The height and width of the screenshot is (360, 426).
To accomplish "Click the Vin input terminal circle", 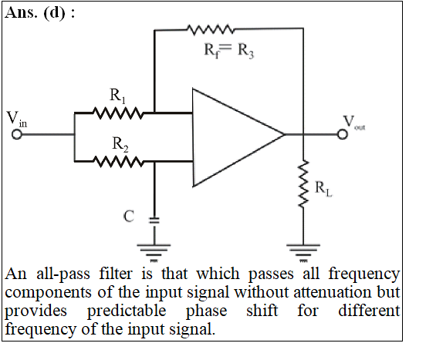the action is point(16,134).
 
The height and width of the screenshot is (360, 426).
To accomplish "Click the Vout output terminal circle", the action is point(343,134).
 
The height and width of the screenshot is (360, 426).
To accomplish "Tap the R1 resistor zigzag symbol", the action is point(117,113).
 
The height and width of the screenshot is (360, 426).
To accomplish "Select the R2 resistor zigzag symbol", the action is point(117,161).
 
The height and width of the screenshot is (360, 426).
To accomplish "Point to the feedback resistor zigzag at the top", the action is point(210,29).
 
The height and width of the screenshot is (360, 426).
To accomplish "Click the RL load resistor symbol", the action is point(303,183).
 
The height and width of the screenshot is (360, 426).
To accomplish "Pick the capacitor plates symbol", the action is point(154,220).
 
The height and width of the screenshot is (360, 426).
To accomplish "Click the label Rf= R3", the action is point(229,51).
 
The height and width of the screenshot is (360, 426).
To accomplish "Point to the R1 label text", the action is point(118,96).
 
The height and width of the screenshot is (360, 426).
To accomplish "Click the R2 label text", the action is point(120,144).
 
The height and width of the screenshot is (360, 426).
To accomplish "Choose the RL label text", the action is point(323,188).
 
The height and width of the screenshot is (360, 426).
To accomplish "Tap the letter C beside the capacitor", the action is point(129,217).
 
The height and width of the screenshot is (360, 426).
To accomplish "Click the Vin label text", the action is point(16,119).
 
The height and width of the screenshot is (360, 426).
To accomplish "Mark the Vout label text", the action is point(354,123).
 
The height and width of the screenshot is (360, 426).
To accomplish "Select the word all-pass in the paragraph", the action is point(63,274).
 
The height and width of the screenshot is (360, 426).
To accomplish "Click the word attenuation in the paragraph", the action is point(333,292).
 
